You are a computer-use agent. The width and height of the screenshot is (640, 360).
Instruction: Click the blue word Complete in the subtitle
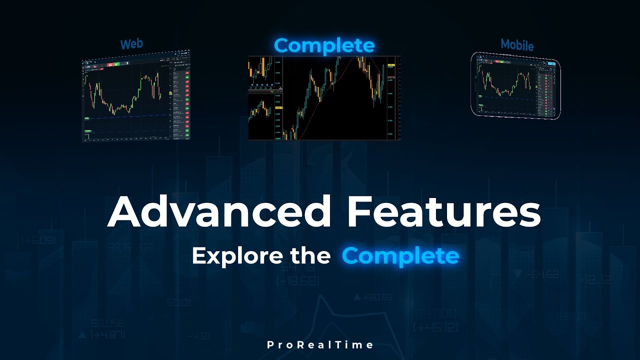point(400,256)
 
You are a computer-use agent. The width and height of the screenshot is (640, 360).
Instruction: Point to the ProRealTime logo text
point(320,345)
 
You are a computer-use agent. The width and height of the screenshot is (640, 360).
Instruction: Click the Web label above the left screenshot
point(131,44)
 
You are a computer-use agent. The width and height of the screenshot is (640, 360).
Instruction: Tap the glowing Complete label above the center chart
point(324,45)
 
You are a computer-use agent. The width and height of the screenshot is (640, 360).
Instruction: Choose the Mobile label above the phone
point(517,45)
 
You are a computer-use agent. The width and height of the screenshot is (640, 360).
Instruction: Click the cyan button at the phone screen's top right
point(551,63)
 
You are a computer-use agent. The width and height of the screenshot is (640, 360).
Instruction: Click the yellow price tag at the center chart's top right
point(391,65)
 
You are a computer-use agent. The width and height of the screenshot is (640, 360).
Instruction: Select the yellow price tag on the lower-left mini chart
point(278,108)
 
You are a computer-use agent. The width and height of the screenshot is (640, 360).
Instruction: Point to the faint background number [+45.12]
point(436,327)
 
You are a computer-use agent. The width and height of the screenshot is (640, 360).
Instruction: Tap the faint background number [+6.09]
point(38,240)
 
